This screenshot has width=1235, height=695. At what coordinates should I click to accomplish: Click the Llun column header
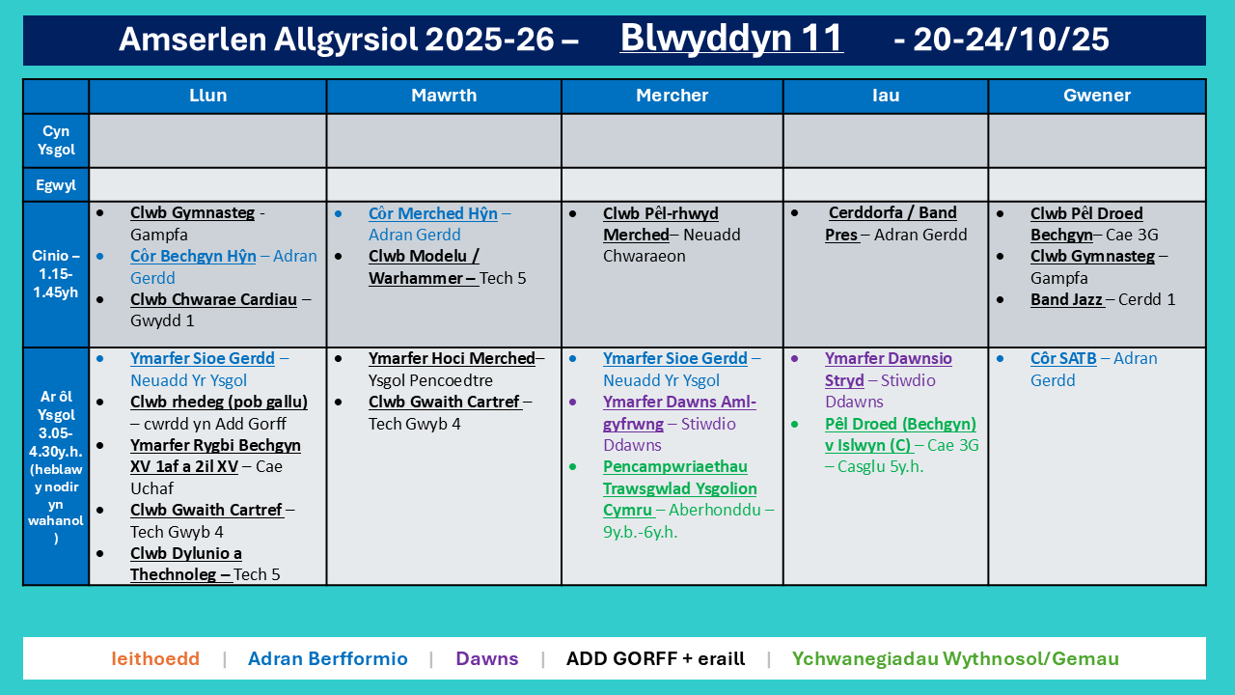point(207,96)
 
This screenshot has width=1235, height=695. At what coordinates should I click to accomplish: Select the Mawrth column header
point(444,96)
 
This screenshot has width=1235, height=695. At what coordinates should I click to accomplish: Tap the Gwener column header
point(1097,96)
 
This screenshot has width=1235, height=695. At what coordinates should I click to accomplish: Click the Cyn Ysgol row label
point(56,140)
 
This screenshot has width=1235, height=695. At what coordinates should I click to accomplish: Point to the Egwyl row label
point(56,184)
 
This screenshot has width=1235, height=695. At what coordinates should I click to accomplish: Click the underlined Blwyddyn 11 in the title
point(731,39)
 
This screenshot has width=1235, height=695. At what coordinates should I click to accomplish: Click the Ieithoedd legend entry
point(155,658)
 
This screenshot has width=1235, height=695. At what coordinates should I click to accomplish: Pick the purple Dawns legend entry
point(487,658)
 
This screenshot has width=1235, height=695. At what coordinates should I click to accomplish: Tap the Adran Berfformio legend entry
point(327,658)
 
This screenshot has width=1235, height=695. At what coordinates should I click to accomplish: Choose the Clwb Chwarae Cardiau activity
point(213,299)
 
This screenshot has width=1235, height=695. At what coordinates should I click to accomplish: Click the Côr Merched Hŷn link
point(433,213)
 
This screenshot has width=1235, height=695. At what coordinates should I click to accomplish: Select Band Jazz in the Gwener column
point(1066,299)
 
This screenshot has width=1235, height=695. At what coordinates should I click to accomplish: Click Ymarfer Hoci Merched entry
point(452,358)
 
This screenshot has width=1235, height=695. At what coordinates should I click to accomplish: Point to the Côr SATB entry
point(1063,358)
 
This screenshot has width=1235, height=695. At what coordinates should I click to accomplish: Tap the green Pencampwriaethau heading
point(674,466)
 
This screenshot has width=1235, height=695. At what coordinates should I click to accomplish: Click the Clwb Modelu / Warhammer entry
point(424,267)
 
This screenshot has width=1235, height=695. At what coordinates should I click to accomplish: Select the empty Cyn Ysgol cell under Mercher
point(672,141)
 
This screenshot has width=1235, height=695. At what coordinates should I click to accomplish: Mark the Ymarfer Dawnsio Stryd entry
point(889,370)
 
